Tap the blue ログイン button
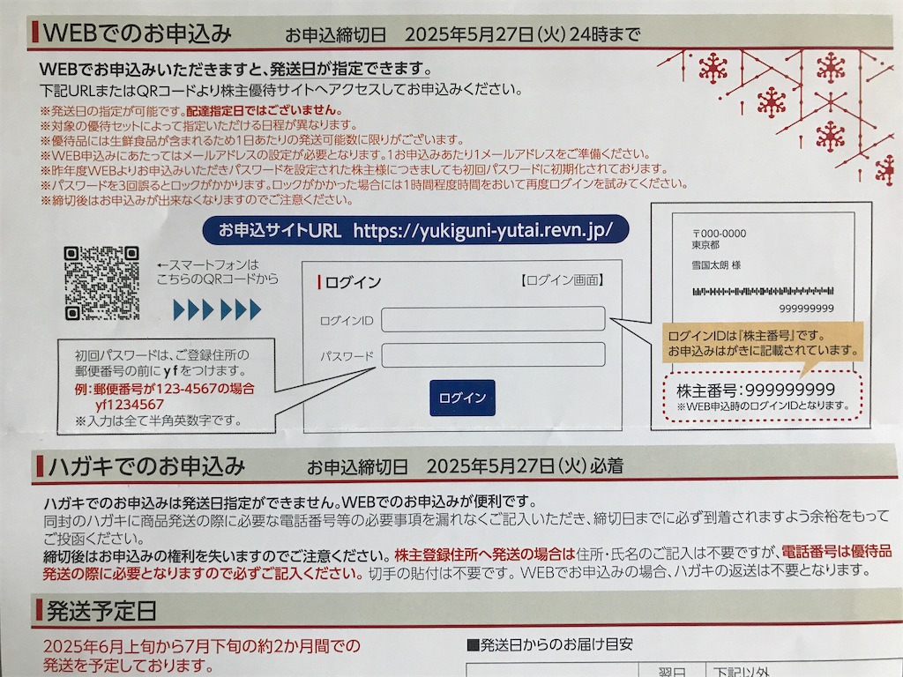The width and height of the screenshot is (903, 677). [x=462, y=398]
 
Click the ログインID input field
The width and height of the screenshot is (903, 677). [x=493, y=318]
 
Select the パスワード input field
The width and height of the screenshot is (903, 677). [x=493, y=354]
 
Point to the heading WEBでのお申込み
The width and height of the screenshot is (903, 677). [x=137, y=33]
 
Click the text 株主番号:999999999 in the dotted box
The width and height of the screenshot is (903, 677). [x=756, y=390]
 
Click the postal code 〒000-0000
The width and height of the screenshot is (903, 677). [x=720, y=234]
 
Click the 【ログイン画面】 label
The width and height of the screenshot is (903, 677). [x=562, y=281]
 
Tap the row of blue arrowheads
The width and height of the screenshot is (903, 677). [x=217, y=309]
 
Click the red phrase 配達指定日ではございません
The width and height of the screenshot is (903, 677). [x=264, y=110]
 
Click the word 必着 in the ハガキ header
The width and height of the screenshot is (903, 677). [x=607, y=465]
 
